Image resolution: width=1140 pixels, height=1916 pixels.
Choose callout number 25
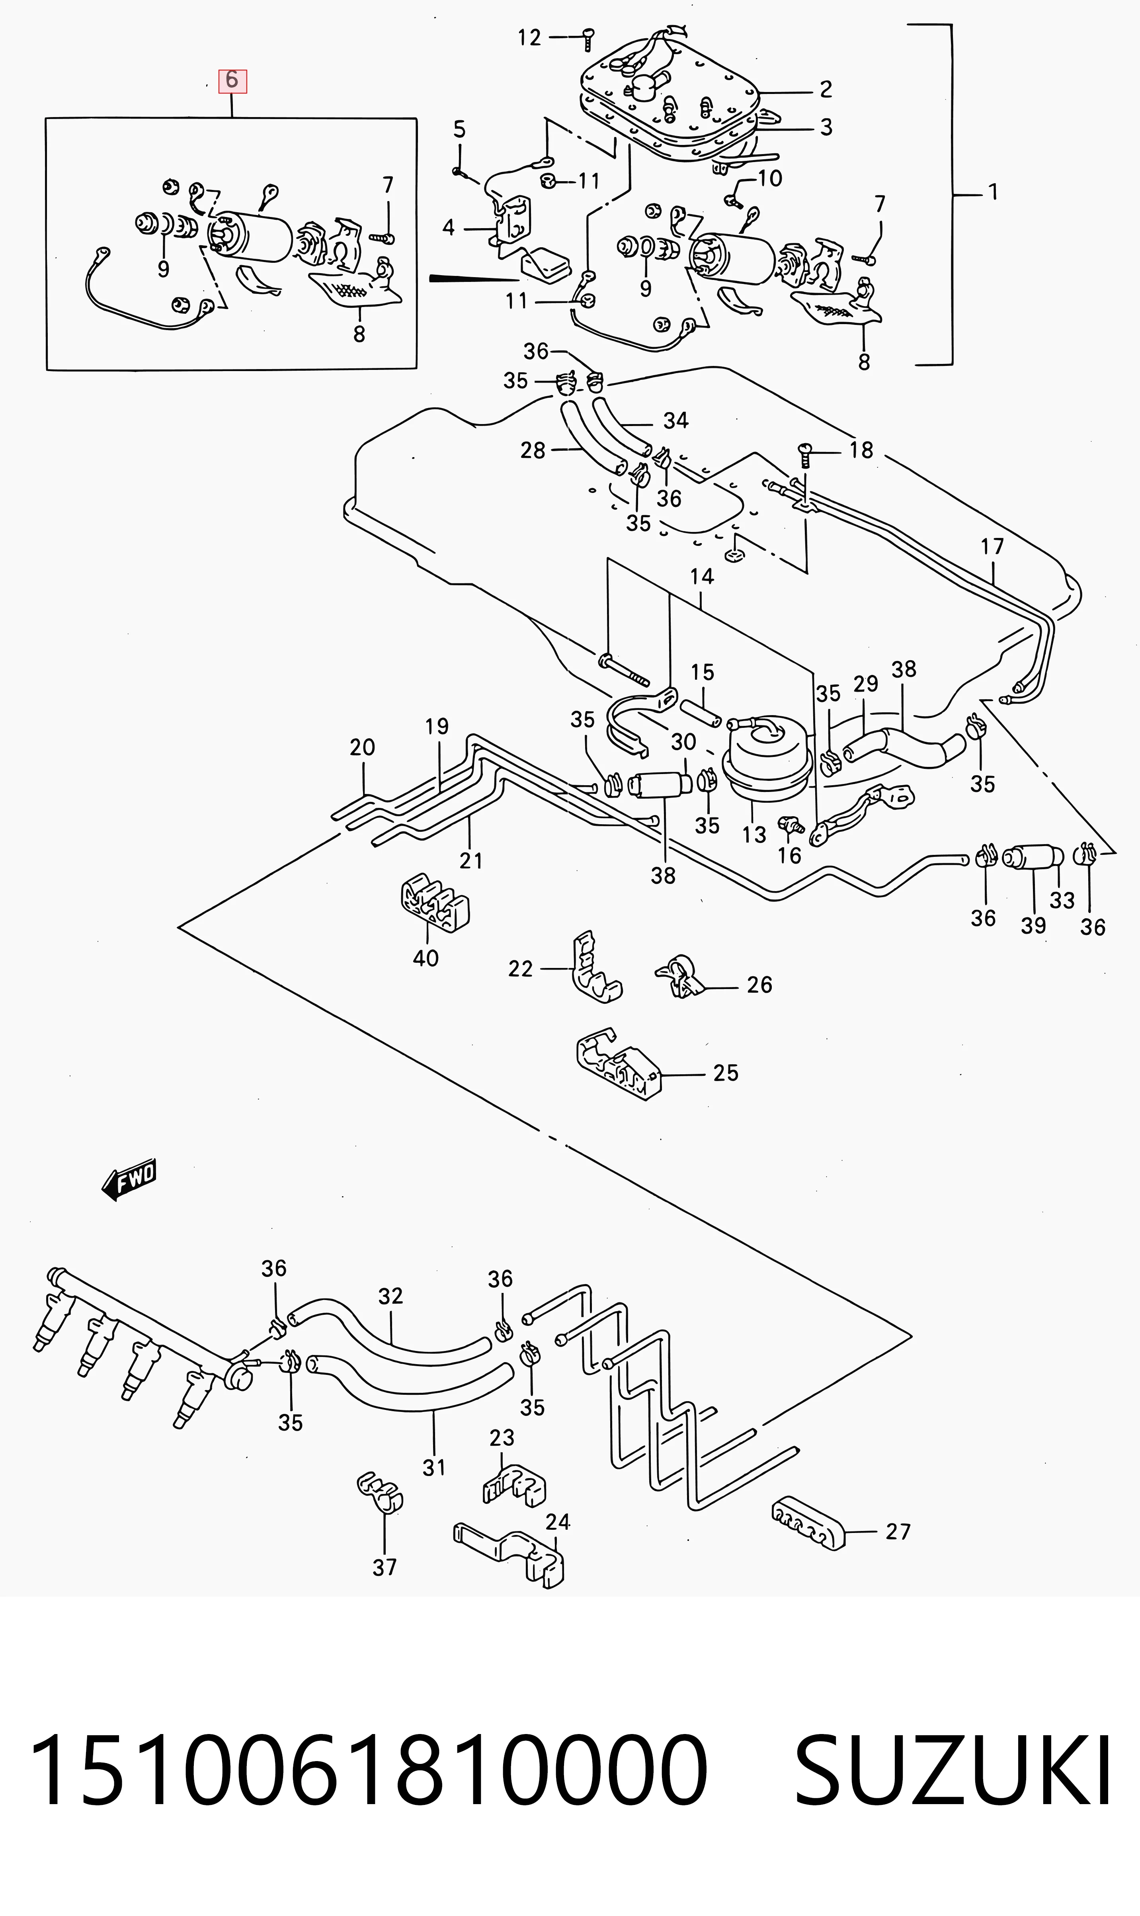pos(725,1072)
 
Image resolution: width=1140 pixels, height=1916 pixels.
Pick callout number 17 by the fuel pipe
pos(992,546)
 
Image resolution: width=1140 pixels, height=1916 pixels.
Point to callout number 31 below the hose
pos(434,1468)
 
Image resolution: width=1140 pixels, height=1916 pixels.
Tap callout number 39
pos(1033,926)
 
